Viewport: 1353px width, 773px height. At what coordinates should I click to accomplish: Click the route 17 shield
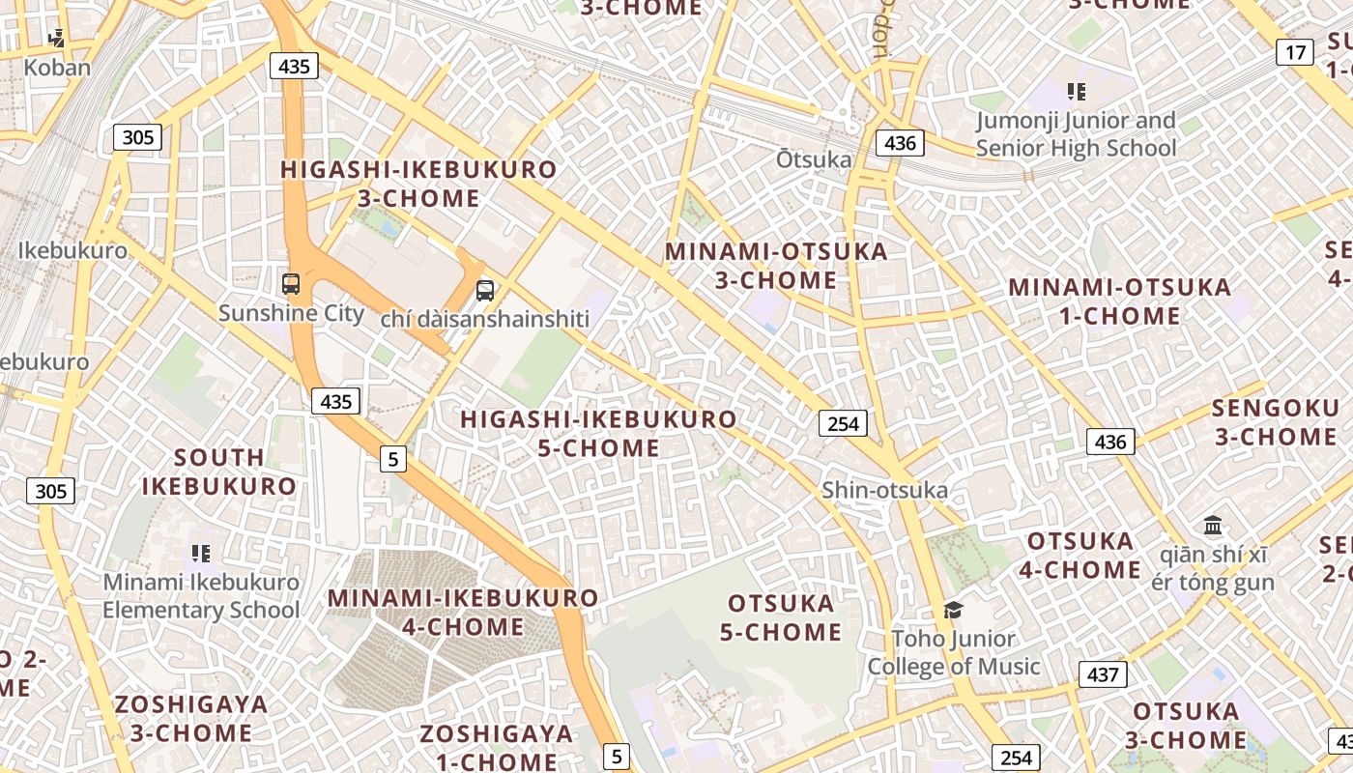point(1295,52)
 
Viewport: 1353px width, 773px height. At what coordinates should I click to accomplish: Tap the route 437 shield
point(1103,674)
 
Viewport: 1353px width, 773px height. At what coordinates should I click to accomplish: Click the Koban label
point(57,68)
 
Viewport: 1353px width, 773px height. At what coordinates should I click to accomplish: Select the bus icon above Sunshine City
point(291,284)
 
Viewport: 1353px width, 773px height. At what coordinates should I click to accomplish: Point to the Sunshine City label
point(291,313)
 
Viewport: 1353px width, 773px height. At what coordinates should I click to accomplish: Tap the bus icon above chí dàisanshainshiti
point(485,290)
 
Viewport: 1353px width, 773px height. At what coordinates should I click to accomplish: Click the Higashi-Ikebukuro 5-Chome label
point(598,434)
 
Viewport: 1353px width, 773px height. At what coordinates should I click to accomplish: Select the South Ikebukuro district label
point(219,472)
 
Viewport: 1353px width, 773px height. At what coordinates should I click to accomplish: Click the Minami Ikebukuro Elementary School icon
point(201,554)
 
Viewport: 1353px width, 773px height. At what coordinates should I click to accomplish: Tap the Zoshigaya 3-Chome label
point(191,718)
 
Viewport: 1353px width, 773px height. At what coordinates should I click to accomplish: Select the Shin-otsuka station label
point(884,490)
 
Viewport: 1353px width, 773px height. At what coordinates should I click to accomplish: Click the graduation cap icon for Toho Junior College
point(954,610)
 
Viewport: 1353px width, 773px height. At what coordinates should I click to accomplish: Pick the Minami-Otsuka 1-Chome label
point(1119,301)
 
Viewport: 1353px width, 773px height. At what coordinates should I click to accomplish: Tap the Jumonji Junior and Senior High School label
point(1076,134)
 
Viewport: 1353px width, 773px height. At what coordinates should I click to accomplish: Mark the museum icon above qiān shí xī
point(1213,526)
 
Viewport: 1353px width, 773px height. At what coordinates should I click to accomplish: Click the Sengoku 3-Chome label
point(1275,422)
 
